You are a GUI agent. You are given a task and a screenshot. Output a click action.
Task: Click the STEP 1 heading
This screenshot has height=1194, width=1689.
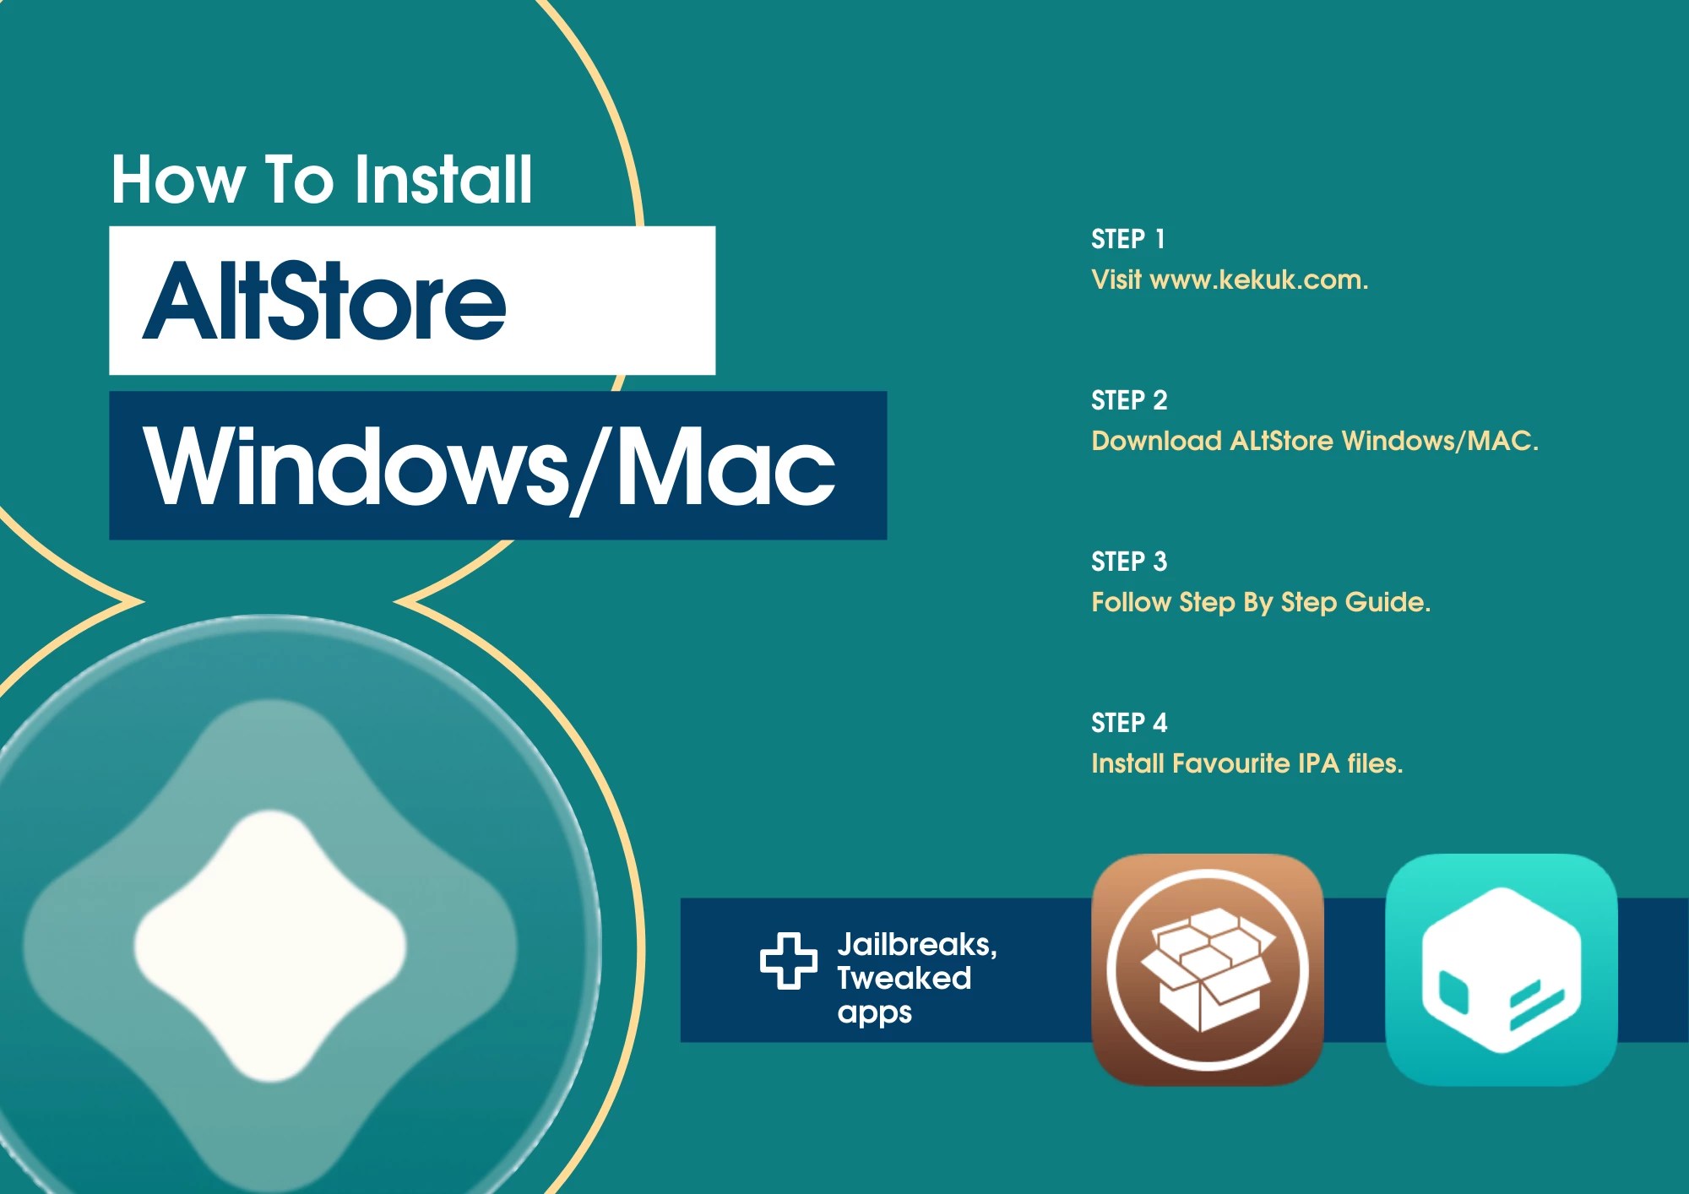click(1128, 239)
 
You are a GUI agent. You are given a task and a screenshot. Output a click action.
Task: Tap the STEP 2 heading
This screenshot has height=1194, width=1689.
click(1129, 400)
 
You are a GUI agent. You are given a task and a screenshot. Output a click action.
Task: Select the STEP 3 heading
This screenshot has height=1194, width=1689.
click(1129, 562)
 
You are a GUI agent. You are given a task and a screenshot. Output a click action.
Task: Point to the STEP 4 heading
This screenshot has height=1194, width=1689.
click(1129, 723)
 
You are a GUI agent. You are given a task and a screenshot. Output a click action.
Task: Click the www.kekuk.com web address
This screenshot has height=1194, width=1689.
click(1258, 280)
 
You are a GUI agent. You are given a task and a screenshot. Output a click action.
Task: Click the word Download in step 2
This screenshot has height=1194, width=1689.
click(1156, 441)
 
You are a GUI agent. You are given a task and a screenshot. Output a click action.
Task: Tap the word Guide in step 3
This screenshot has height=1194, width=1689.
click(1387, 602)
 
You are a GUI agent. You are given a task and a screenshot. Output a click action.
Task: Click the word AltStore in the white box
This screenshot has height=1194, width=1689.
click(325, 301)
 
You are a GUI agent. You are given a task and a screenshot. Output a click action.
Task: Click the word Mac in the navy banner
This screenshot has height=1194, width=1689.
click(726, 466)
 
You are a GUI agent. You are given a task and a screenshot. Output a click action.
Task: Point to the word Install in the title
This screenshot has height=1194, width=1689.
click(443, 179)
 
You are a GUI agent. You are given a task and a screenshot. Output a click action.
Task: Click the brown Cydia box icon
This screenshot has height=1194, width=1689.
click(1208, 969)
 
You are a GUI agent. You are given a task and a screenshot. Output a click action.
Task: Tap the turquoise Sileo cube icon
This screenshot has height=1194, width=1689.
click(1501, 969)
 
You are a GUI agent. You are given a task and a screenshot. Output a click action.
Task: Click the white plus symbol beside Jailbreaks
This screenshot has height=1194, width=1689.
click(788, 960)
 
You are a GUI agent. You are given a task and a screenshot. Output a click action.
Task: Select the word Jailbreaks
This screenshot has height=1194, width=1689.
click(916, 944)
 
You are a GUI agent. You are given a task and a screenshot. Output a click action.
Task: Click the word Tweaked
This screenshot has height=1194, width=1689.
click(904, 978)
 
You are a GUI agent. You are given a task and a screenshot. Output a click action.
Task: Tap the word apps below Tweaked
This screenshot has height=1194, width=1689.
click(874, 1012)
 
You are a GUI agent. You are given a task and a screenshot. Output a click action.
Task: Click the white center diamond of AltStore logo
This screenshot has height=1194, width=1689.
click(270, 946)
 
